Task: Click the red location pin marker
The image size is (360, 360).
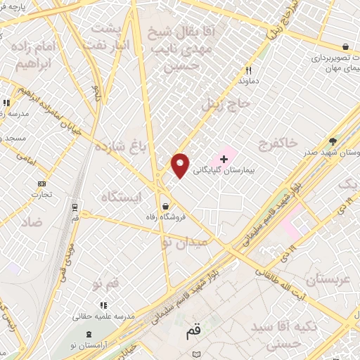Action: pos(181,166)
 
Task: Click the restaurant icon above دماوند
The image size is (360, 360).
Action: pos(248,70)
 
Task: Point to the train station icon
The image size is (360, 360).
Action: pos(75,206)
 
